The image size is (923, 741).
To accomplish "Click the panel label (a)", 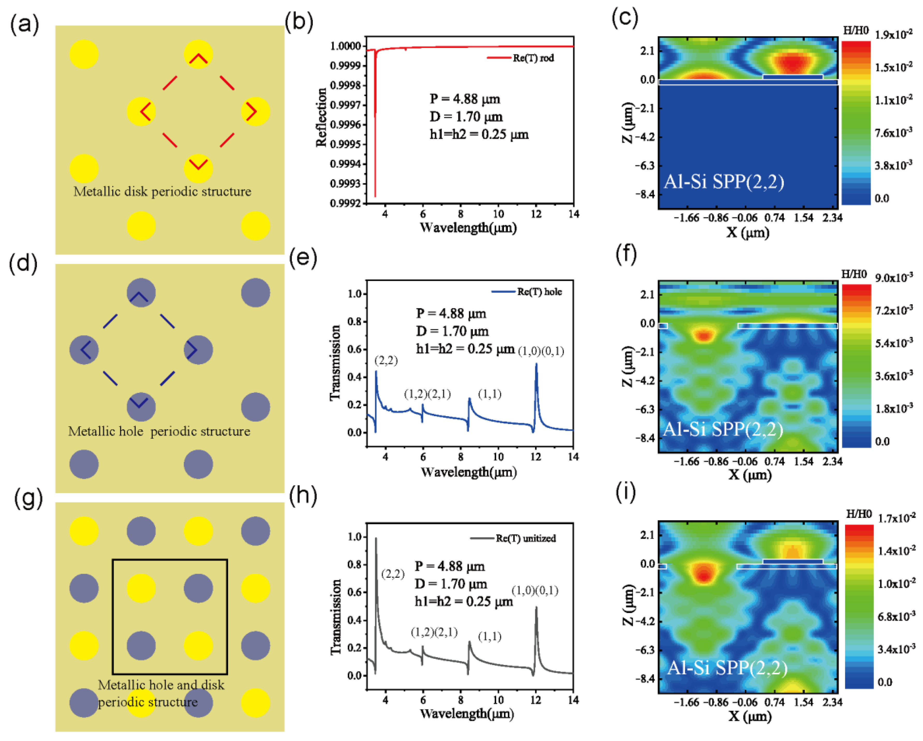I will coord(24,24).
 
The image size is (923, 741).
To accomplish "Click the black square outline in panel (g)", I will coord(170,560).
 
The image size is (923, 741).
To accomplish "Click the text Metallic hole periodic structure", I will coord(159,431).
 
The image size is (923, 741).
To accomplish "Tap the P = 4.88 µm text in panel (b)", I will coord(465,99).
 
